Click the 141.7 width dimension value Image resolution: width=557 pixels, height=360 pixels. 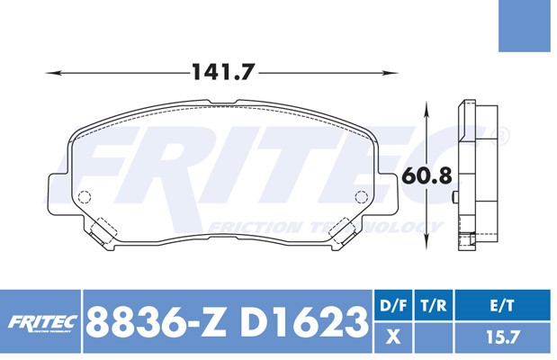pyautogui.click(x=223, y=72)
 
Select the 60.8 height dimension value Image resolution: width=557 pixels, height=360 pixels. pyautogui.click(x=427, y=175)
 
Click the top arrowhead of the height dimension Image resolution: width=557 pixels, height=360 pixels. pyautogui.click(x=427, y=108)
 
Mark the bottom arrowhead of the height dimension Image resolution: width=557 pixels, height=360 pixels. pyautogui.click(x=427, y=243)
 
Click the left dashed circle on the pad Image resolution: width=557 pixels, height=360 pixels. pyautogui.click(x=85, y=196)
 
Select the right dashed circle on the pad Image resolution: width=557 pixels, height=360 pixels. pyautogui.click(x=361, y=196)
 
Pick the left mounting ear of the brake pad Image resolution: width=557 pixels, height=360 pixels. pyautogui.click(x=58, y=194)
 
